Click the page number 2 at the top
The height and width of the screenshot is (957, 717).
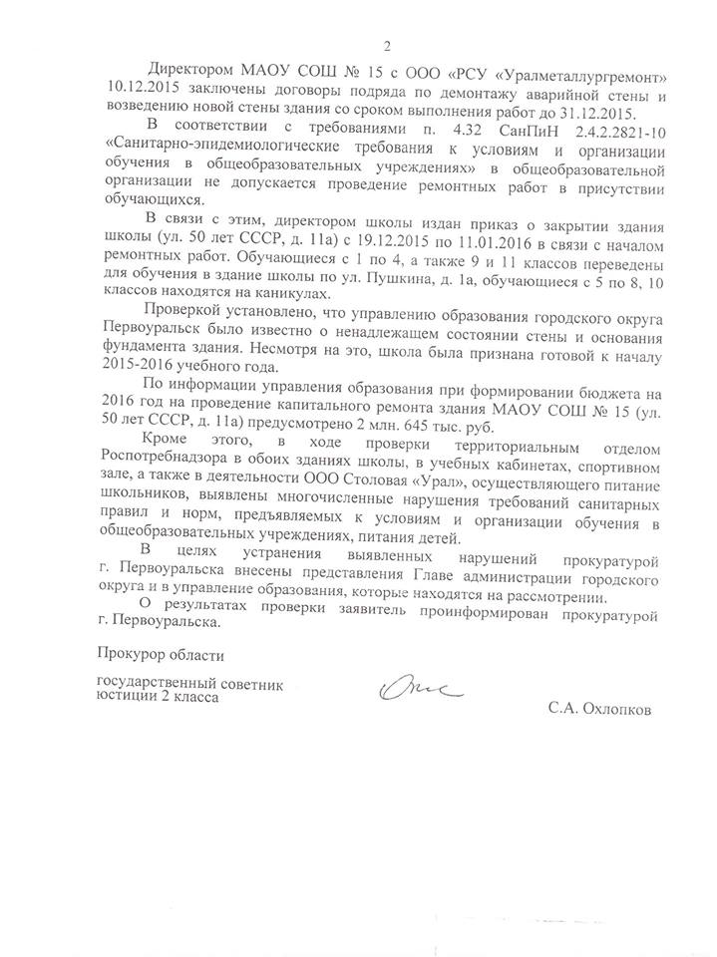tap(387, 43)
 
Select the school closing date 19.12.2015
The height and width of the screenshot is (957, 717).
tap(361, 238)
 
